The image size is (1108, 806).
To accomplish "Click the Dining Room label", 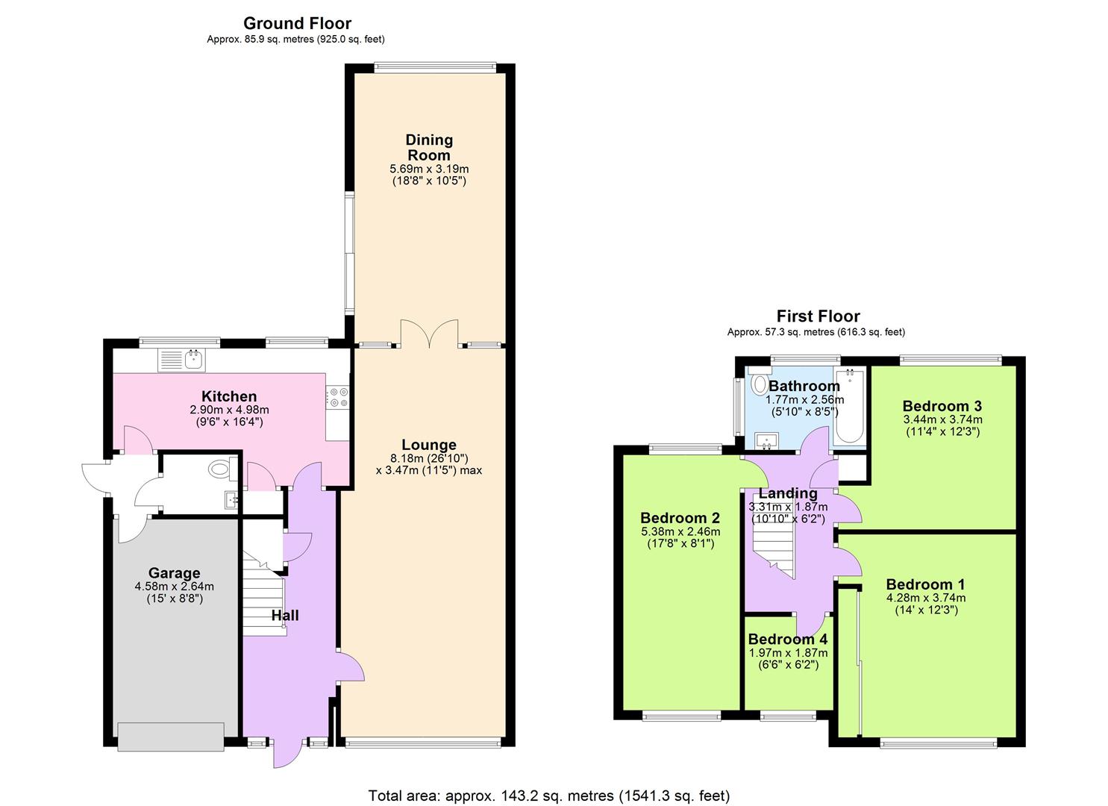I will click(428, 148).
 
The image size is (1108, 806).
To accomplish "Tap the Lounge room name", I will click(428, 445).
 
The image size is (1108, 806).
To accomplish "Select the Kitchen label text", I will click(229, 396).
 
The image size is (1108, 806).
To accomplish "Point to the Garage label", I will click(174, 572).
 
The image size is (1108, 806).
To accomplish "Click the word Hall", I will click(285, 615).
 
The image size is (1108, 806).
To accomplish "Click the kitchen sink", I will click(181, 360).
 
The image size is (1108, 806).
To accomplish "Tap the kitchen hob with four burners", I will click(338, 397).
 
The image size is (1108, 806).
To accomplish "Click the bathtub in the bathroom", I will click(849, 407).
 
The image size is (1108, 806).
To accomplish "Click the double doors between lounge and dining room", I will click(429, 334).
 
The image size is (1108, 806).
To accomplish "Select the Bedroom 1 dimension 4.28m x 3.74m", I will click(925, 598).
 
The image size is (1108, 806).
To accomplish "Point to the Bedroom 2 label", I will click(680, 518).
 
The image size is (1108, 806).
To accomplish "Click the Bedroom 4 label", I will click(787, 639).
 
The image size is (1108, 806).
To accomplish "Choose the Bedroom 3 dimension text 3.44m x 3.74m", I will click(942, 419).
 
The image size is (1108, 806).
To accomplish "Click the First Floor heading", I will click(818, 316).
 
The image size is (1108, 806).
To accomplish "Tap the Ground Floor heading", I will click(297, 24).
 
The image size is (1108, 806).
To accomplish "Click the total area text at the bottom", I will click(548, 796).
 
